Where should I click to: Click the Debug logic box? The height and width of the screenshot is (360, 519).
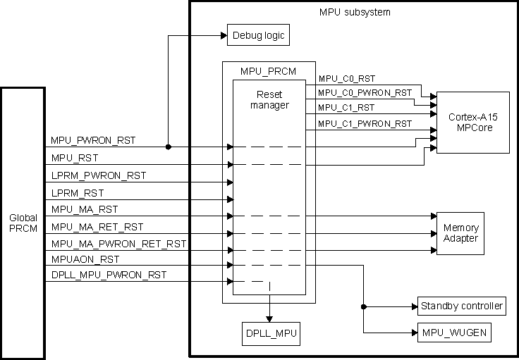click(258, 34)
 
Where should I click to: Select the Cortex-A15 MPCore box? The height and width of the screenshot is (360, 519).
click(472, 121)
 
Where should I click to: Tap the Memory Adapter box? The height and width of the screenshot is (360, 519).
click(460, 233)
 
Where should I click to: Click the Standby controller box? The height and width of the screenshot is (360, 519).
click(462, 306)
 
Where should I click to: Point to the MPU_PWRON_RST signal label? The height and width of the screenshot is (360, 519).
click(93, 141)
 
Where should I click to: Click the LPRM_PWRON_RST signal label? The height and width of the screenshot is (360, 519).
click(98, 175)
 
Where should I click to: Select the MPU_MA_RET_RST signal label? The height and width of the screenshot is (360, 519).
click(97, 227)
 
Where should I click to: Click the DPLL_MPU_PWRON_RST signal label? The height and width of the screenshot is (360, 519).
click(109, 275)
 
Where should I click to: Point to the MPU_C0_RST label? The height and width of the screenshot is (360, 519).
click(348, 79)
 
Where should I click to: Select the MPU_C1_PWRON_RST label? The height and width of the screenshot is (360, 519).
click(365, 124)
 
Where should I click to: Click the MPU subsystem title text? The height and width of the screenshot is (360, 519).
click(355, 13)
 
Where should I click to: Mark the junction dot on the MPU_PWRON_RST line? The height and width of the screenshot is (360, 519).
click(168, 147)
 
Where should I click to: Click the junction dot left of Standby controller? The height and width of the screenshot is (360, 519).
click(363, 306)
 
